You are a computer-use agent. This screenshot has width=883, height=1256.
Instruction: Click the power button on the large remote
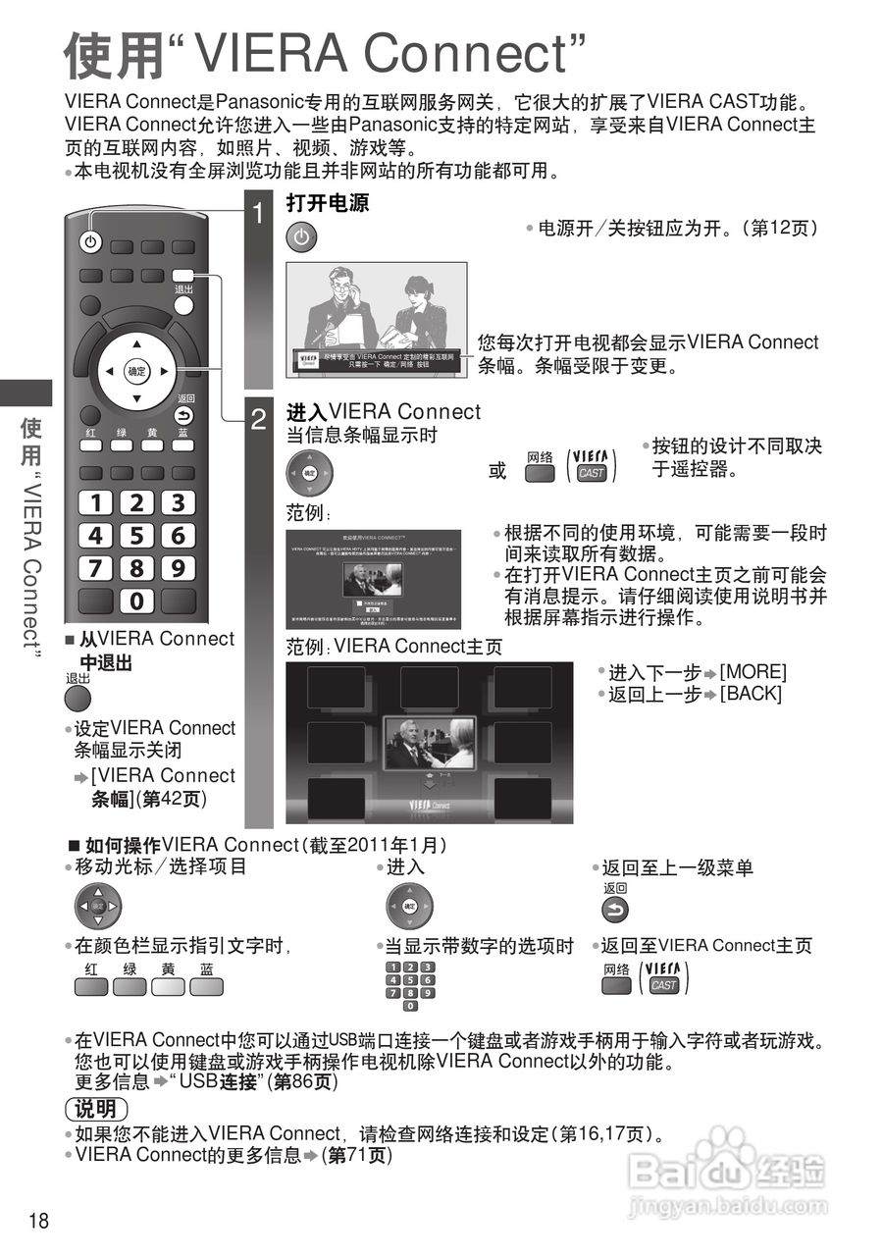[89, 242]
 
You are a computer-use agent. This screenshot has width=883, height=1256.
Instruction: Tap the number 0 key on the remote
[136, 601]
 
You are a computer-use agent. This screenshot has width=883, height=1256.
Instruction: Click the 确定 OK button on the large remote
[136, 372]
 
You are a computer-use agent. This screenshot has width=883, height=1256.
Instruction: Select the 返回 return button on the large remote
[184, 415]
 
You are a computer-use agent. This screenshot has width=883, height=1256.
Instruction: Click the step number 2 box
[258, 421]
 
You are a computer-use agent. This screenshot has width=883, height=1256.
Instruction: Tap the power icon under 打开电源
[302, 237]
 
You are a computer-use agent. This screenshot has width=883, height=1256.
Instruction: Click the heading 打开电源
[327, 203]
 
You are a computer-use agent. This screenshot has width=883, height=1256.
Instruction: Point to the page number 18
[39, 1221]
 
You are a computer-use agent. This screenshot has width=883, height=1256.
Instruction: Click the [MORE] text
[753, 672]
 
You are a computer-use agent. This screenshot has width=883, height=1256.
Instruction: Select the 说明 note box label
[96, 1110]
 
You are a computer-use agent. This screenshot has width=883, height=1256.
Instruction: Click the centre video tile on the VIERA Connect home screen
[430, 743]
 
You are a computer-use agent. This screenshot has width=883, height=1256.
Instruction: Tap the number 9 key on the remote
[178, 568]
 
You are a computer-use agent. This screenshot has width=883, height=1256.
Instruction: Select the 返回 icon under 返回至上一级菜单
[615, 910]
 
